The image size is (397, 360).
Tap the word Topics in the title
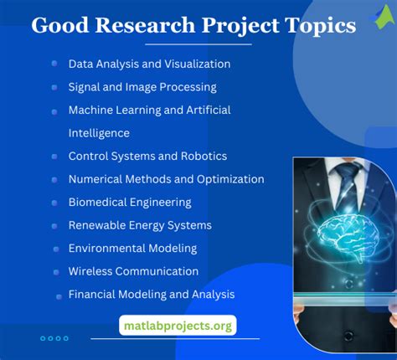[x=321, y=26]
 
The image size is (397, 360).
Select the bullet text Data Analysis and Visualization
[x=149, y=64]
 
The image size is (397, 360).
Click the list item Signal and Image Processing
[x=142, y=87]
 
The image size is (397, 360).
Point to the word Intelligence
[x=99, y=132]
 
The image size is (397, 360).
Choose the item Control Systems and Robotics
[x=147, y=156]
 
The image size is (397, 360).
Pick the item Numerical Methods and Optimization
[x=166, y=179]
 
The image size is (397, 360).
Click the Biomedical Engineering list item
[x=130, y=202]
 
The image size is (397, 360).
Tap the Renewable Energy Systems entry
[x=140, y=225]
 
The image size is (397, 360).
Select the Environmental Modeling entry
[x=132, y=248]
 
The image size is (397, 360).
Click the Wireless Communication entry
[x=133, y=271]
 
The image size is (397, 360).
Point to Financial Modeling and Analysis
[x=152, y=295]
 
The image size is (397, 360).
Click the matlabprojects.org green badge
[x=177, y=325]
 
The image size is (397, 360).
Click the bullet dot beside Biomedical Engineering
[x=53, y=203]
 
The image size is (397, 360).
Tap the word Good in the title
[x=54, y=26]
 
